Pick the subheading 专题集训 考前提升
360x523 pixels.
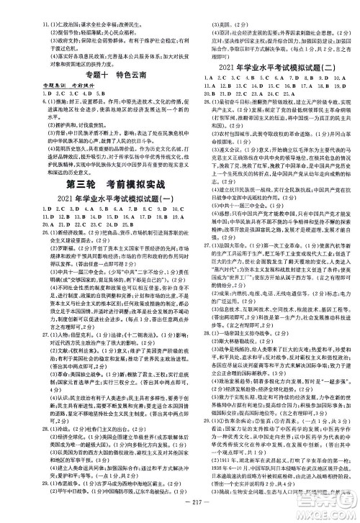point(63,85)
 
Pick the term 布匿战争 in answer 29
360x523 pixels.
point(70,487)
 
